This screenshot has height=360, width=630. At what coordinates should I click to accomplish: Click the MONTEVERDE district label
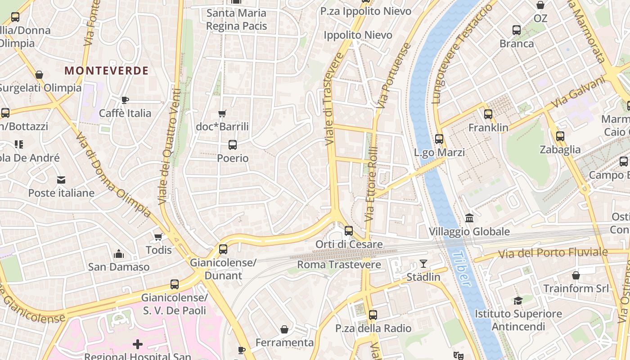106,71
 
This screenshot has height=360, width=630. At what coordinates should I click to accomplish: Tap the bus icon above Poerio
233,145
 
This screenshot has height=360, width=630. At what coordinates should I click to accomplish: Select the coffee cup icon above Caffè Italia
125,100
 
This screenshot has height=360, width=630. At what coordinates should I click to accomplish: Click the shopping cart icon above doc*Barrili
222,113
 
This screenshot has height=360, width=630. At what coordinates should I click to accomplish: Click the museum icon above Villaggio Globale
469,218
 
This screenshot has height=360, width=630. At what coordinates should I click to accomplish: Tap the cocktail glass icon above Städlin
423,264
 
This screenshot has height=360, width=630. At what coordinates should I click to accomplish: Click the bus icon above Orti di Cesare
349,231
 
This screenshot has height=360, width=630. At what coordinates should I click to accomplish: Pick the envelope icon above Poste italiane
61,180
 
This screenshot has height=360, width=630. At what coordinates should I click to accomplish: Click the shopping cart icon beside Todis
158,237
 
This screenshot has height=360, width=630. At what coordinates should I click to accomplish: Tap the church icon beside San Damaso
119,254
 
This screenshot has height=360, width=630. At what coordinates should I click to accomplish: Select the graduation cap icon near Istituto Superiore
518,301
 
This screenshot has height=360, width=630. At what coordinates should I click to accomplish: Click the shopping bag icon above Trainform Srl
576,275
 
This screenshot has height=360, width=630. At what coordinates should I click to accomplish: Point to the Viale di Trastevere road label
333,99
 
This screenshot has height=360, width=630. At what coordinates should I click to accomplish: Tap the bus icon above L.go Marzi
439,139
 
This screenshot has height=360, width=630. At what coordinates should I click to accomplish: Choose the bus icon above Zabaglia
560,136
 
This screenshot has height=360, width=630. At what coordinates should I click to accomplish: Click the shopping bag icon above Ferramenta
284,330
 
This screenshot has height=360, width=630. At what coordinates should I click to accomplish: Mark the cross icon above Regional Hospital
138,345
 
